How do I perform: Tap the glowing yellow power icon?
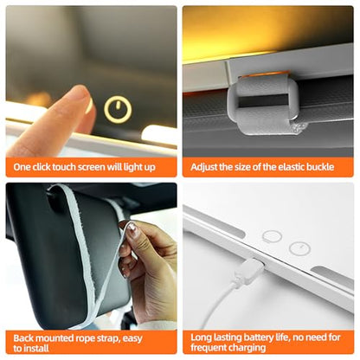pos(118,110)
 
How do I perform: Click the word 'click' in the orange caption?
pos(41,167)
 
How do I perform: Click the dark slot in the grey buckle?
pos(262,100)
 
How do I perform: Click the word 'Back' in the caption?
pos(23,338)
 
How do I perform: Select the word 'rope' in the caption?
pos(84,338)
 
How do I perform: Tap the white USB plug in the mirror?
pos(252,267)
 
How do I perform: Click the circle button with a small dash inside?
pos(299,248)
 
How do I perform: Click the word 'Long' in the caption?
pos(200,337)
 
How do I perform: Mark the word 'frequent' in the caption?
pos(209,348)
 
